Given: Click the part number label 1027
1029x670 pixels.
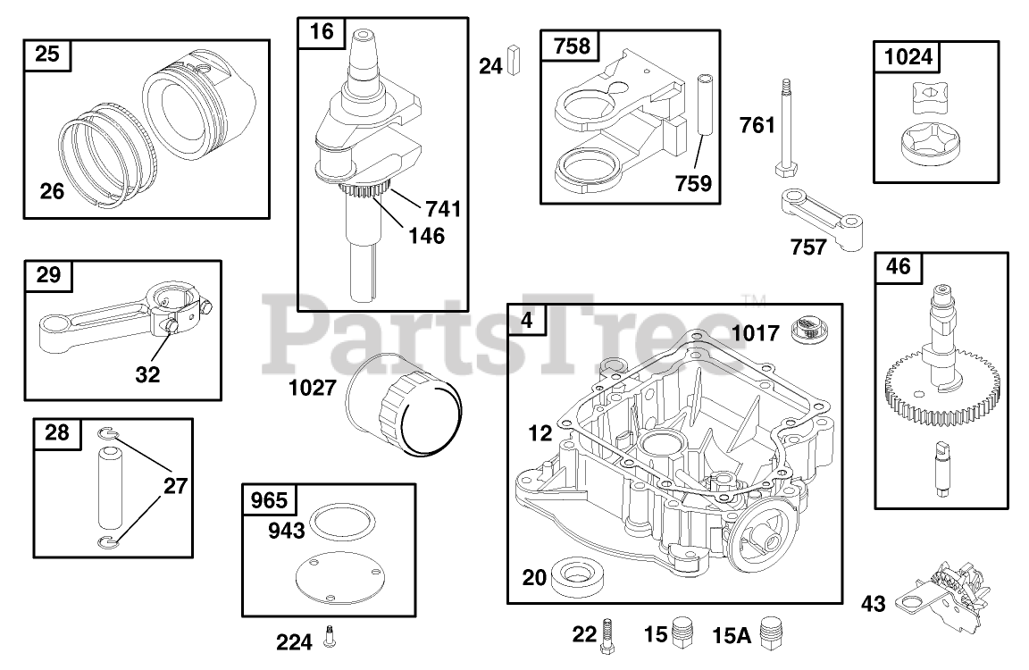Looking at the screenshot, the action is point(312,388).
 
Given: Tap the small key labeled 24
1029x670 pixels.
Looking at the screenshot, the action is point(514,61).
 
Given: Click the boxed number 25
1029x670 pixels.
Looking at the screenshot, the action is point(47,55).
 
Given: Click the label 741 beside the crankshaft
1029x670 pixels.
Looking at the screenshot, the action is point(443,209).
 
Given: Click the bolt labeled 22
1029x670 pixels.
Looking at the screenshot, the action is point(609,634).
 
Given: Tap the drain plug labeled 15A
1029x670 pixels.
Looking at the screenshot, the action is point(771,634).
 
